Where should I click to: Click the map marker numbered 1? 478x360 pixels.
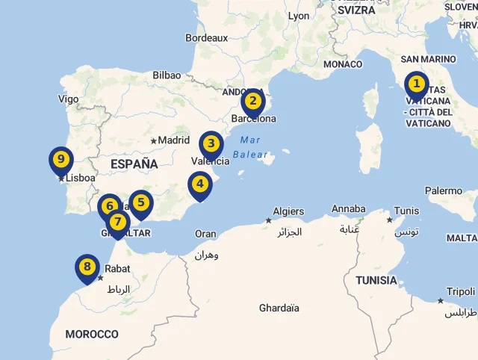[416, 85]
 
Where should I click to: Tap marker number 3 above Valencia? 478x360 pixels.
[211, 144]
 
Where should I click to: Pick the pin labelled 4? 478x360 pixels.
[199, 184]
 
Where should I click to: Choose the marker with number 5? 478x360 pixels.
[140, 202]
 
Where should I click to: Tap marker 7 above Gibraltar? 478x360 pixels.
[118, 222]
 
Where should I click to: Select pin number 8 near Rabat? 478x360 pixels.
[87, 267]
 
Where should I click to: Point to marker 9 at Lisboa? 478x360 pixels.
[60, 159]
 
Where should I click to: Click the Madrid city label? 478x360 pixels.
[173, 140]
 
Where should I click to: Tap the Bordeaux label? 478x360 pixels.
[206, 37]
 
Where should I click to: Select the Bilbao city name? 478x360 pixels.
[167, 75]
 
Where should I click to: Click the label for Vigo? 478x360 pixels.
[68, 99]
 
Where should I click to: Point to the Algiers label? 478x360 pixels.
[288, 211]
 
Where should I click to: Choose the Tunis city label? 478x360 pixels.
[406, 211]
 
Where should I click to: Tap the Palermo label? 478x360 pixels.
[444, 190]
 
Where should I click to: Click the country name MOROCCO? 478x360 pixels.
[91, 334]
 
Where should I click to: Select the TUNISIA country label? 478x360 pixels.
[376, 281]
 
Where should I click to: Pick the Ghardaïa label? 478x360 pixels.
[279, 308]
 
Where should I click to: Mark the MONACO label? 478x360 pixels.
[343, 64]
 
